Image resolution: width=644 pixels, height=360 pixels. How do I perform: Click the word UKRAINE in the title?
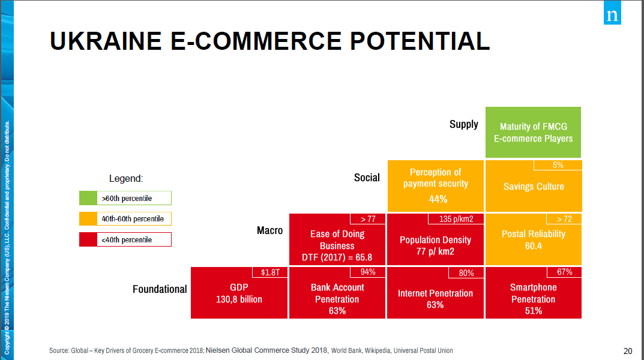(x=106, y=41)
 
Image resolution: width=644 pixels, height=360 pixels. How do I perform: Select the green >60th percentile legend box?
(x=125, y=198)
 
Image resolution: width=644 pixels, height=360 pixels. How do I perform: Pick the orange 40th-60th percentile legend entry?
(x=125, y=218)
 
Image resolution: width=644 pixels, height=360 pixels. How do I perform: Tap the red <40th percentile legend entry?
(x=125, y=239)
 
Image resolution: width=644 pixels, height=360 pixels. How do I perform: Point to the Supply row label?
(x=464, y=124)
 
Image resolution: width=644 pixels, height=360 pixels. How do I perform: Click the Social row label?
(x=367, y=178)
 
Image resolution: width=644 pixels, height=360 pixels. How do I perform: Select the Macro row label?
(x=269, y=230)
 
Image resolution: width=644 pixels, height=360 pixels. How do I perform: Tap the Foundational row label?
(x=160, y=289)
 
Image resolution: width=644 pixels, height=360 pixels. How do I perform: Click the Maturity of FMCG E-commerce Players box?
(x=533, y=132)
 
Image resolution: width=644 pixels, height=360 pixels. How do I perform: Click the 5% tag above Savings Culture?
(x=558, y=165)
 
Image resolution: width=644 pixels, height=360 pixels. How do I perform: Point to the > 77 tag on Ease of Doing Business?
(x=368, y=219)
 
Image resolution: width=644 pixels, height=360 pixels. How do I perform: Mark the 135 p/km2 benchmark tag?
(x=456, y=219)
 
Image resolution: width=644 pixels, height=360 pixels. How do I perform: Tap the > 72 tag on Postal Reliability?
(x=564, y=219)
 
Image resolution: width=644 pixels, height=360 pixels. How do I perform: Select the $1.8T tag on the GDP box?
(x=271, y=272)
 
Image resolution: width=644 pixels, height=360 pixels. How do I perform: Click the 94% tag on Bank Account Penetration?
(x=368, y=272)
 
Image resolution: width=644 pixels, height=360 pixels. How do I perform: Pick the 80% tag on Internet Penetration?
(x=466, y=273)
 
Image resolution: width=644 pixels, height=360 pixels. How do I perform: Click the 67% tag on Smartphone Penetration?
(x=564, y=272)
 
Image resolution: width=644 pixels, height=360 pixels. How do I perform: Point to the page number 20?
(x=628, y=351)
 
